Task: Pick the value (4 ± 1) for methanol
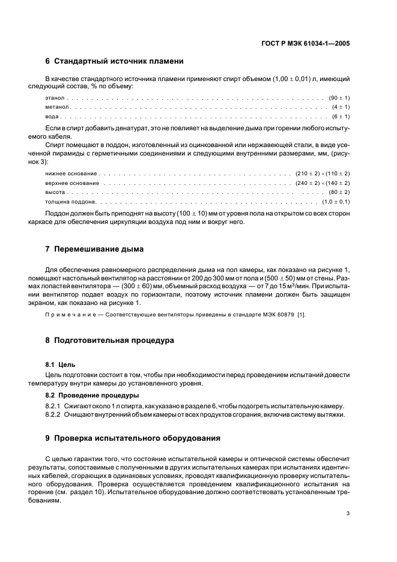[341, 107]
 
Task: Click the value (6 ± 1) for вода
[341, 116]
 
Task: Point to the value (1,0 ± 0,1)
[336, 202]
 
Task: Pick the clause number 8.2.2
[55, 414]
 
